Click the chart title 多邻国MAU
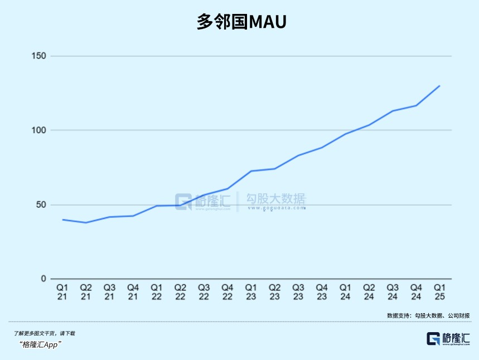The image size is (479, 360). [241, 22]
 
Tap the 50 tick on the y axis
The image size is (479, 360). [41, 205]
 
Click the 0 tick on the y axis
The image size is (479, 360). [43, 279]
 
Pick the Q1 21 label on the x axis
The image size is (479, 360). [62, 292]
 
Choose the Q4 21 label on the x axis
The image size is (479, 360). [133, 292]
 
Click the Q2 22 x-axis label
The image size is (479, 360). [180, 292]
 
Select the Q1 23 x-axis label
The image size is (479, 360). [251, 292]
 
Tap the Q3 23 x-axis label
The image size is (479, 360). [298, 292]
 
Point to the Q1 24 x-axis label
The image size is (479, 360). [346, 292]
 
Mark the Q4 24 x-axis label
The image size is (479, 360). [417, 292]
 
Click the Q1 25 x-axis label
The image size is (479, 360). [440, 292]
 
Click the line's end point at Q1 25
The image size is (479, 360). [440, 86]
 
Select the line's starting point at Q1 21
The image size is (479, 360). [62, 220]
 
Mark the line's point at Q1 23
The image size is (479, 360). [251, 171]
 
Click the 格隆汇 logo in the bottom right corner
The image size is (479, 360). [448, 338]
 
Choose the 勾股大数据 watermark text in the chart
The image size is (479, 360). [276, 200]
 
